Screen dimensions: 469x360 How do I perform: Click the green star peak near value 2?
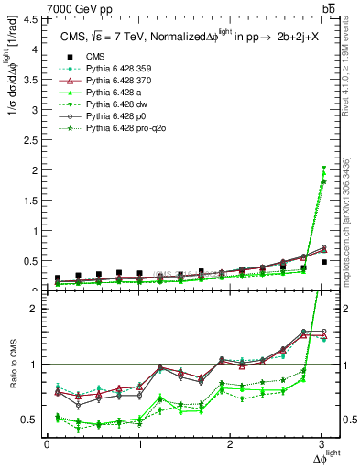(x=322, y=171)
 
